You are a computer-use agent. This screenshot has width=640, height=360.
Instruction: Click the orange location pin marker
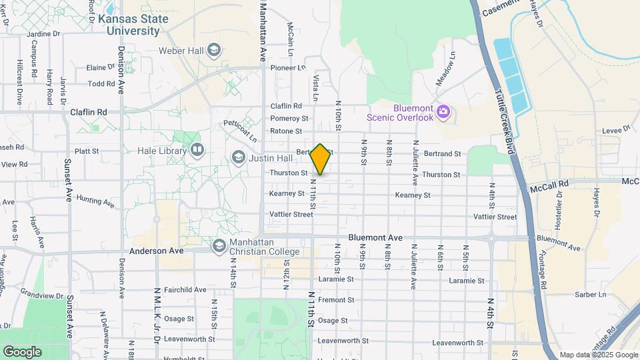click(x=321, y=159)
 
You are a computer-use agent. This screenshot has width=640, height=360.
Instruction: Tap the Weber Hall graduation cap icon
click(x=213, y=50)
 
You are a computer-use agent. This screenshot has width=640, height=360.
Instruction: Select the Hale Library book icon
click(x=196, y=149)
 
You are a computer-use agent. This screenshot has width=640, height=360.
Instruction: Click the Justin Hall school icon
click(x=238, y=157)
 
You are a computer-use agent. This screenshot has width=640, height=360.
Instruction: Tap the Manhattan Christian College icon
click(x=219, y=246)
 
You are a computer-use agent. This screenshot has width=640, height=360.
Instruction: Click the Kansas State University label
click(x=133, y=25)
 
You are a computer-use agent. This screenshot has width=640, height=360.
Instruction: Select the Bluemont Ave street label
click(x=375, y=237)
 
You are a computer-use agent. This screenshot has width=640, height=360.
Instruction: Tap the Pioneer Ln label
click(x=288, y=67)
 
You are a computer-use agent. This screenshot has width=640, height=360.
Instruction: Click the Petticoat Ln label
click(x=240, y=130)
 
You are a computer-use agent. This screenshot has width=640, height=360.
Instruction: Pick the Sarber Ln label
click(x=593, y=294)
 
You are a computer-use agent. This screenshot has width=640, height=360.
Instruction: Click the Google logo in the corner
click(x=22, y=351)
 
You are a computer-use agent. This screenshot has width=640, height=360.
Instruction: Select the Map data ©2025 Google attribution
click(x=598, y=355)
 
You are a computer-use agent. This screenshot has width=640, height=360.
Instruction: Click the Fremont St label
click(x=336, y=300)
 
